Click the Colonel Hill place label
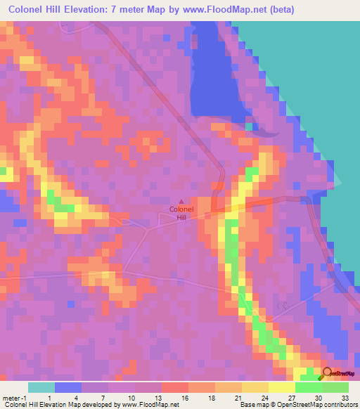click(x=181, y=214)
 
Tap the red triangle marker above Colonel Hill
click(x=181, y=202)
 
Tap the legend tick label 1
click(x=49, y=397)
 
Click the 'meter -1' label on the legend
click(x=14, y=397)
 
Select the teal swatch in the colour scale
click(x=41, y=387)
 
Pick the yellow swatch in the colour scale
click(x=281, y=387)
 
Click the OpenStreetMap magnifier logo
click(x=328, y=374)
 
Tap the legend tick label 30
click(x=321, y=397)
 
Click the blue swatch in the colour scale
click(x=67, y=387)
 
